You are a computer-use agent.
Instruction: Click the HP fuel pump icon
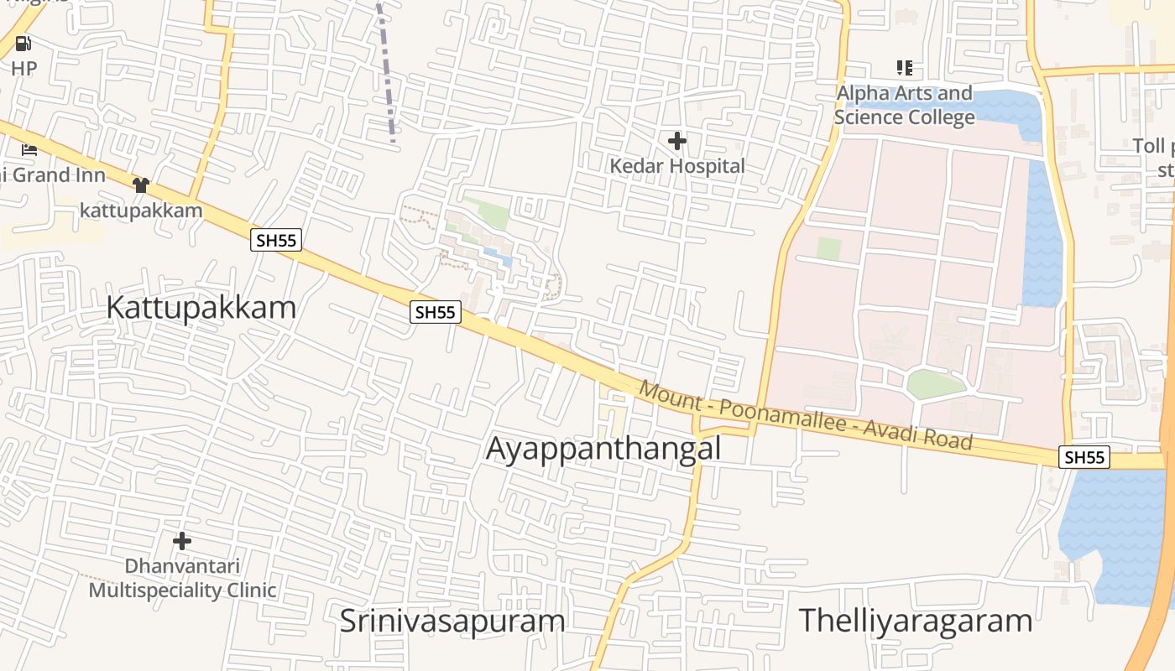(x=23, y=44)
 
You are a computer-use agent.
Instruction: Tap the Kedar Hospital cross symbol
(x=676, y=141)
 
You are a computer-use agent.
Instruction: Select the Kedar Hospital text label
(x=676, y=166)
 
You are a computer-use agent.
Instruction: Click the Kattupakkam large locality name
(x=201, y=308)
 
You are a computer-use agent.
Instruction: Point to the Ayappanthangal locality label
(x=603, y=449)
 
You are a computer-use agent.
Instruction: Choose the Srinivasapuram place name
(x=452, y=622)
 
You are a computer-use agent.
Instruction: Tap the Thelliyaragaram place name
(x=915, y=622)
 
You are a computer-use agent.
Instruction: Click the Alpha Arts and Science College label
(x=905, y=105)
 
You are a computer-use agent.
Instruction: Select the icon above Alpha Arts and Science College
(x=904, y=68)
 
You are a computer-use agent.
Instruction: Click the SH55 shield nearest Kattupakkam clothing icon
(x=276, y=241)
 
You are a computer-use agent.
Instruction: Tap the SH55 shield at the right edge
(x=1084, y=457)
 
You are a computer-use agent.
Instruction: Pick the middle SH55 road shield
(x=436, y=313)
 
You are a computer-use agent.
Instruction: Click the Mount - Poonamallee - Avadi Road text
(x=805, y=416)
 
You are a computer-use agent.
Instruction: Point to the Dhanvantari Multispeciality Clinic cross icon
(x=181, y=541)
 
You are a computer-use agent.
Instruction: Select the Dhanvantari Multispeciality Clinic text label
(x=182, y=578)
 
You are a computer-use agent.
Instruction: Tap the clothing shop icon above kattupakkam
(x=140, y=185)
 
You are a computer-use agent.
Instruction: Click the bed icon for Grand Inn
(x=29, y=151)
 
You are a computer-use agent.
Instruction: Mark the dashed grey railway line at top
(x=386, y=71)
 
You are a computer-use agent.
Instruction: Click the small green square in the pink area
(x=828, y=248)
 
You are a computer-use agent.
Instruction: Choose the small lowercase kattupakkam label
(x=141, y=210)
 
